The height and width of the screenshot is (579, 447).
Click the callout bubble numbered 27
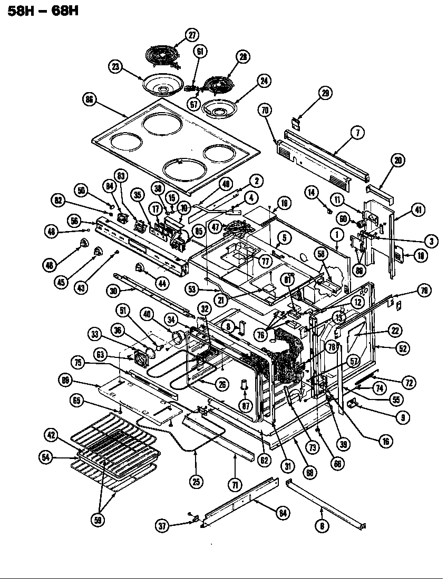191,36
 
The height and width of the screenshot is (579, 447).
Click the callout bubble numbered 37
163,525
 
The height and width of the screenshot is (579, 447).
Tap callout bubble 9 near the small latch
404,418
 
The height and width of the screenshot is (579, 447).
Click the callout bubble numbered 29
325,93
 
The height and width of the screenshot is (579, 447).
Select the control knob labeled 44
140,269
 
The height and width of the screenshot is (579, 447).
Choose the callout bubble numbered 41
417,209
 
